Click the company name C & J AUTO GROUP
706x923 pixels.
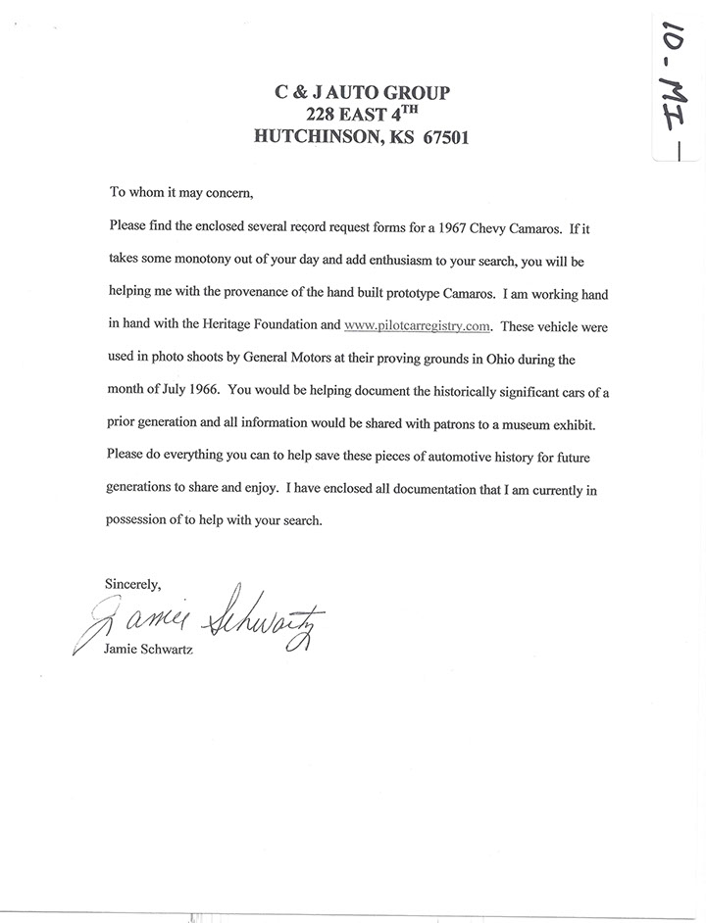(361, 93)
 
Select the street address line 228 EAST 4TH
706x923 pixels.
(361, 115)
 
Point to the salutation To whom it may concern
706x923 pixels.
(181, 192)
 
